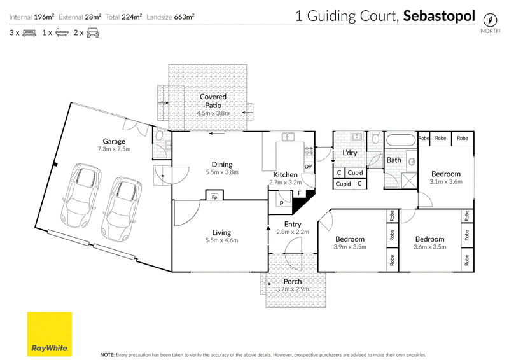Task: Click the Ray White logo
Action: [50, 335]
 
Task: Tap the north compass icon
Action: [490, 20]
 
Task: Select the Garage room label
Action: [114, 141]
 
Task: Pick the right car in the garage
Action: [122, 209]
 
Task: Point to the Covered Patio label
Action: [213, 101]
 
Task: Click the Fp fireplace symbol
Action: [214, 197]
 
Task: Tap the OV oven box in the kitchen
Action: [309, 167]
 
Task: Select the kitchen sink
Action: [288, 137]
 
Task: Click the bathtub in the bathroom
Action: [400, 141]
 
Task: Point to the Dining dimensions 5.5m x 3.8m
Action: [222, 172]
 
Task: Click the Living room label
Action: [221, 232]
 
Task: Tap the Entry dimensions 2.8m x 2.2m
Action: [293, 232]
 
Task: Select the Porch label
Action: [293, 281]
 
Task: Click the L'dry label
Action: [349, 153]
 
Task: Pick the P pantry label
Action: [281, 203]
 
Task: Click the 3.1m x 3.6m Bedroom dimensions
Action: [446, 182]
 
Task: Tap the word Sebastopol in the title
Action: [439, 17]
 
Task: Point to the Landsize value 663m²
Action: [184, 17]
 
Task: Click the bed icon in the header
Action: [29, 33]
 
